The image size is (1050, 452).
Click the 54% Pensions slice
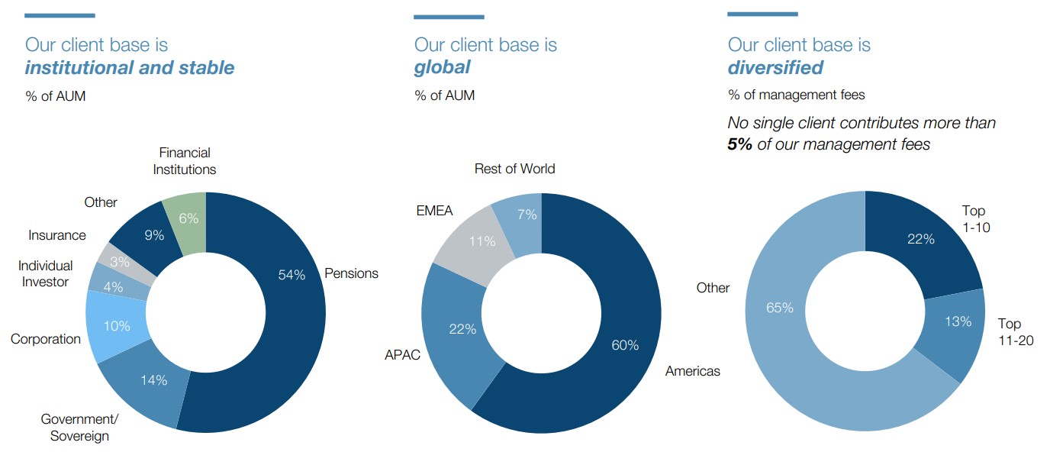tap(291, 282)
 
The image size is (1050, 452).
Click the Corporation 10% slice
tap(116, 326)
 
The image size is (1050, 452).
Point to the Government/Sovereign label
tap(79, 428)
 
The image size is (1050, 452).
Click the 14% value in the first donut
tap(153, 380)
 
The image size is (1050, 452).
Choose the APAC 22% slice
tap(461, 329)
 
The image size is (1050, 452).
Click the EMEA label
tap(434, 211)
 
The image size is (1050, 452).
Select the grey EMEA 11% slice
tap(481, 242)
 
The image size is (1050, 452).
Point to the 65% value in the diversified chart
tap(780, 308)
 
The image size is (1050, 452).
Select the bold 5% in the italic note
tap(740, 144)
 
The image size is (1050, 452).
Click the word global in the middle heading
tap(442, 67)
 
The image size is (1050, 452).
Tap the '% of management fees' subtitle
tap(796, 95)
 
